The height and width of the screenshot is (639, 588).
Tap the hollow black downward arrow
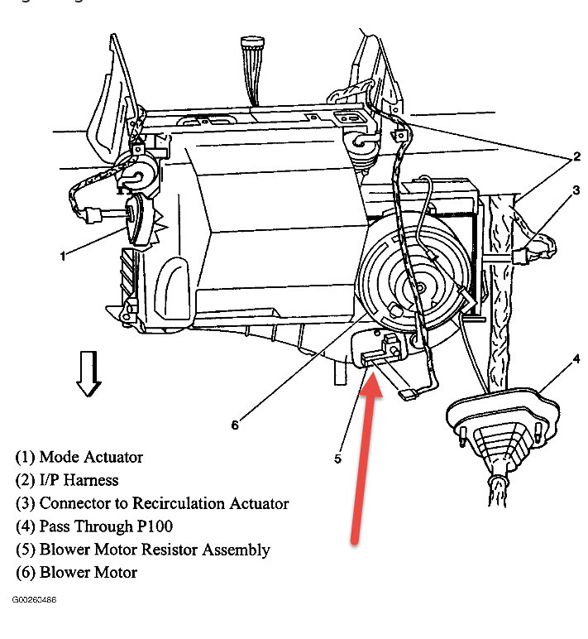pyautogui.click(x=88, y=375)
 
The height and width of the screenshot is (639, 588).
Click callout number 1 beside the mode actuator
pyautogui.click(x=62, y=256)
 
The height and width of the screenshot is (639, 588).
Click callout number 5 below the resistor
pyautogui.click(x=337, y=458)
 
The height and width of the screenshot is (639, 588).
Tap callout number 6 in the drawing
pyautogui.click(x=235, y=425)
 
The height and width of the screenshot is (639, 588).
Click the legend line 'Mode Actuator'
pyautogui.click(x=79, y=457)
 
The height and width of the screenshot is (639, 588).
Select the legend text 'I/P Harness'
pyautogui.click(x=67, y=480)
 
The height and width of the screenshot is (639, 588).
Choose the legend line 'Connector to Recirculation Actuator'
pyautogui.click(x=152, y=503)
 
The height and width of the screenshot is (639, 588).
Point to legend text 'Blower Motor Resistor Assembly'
pyautogui.click(x=142, y=550)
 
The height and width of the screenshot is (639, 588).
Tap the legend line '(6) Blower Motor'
pyautogui.click(x=76, y=573)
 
